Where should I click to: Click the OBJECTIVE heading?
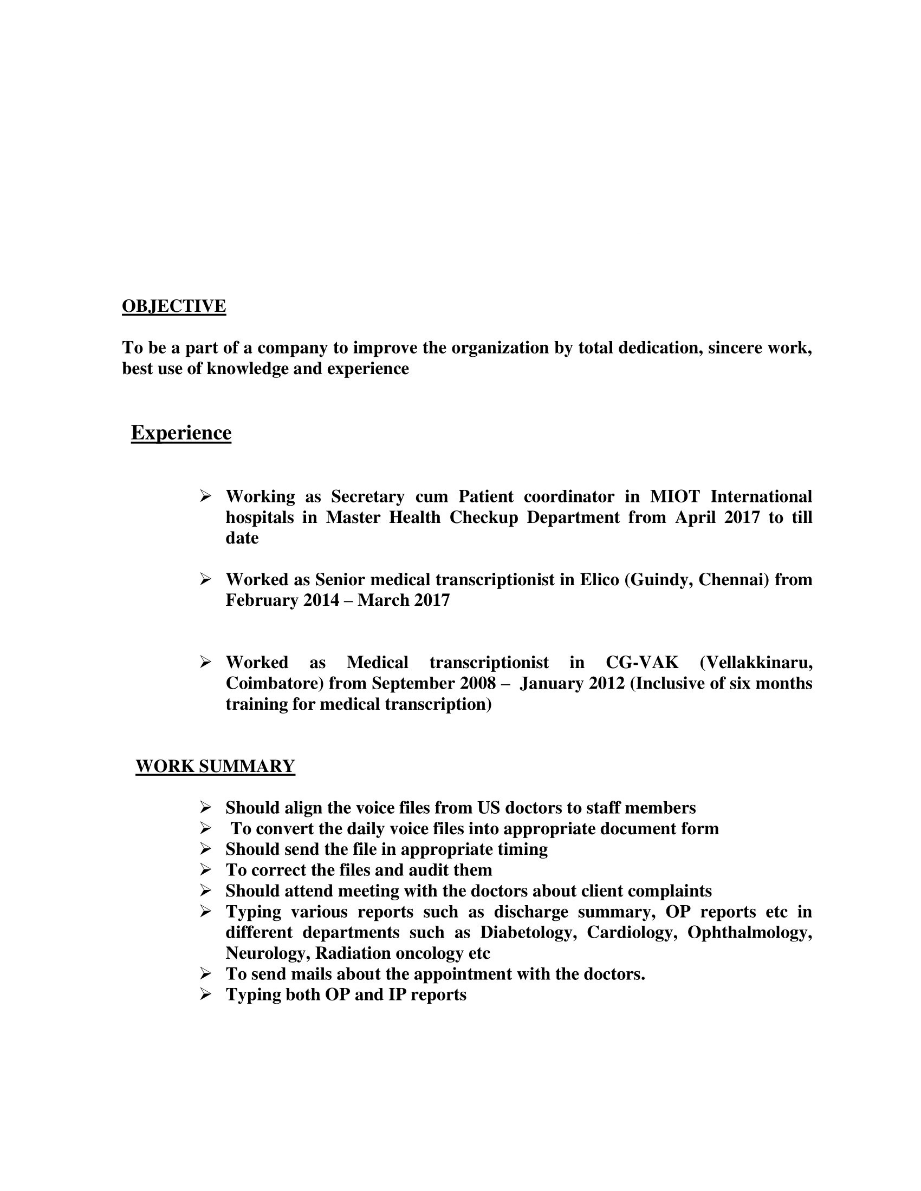pyautogui.click(x=173, y=306)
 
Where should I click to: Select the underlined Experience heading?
pyautogui.click(x=181, y=433)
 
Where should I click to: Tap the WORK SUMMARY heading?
pyautogui.click(x=215, y=765)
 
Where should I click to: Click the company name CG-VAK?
pyautogui.click(x=642, y=662)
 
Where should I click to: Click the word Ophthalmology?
pyautogui.click(x=749, y=932)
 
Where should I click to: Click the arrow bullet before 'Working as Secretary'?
pyautogui.click(x=205, y=496)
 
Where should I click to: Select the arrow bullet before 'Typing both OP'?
pyautogui.click(x=205, y=994)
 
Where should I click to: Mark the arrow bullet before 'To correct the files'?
pyautogui.click(x=205, y=869)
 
